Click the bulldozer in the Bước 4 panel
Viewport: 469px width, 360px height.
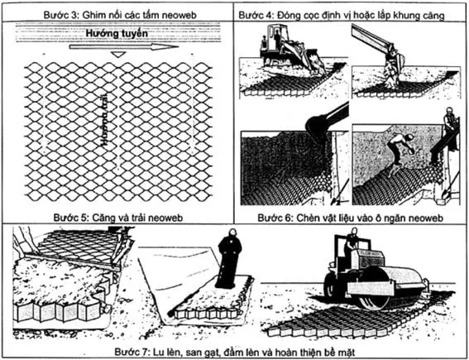pyautogui.click(x=286, y=52)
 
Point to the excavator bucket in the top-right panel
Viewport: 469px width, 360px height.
pyautogui.click(x=392, y=63)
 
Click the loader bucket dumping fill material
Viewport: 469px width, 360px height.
pyautogui.click(x=318, y=124)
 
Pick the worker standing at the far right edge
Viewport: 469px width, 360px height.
pyautogui.click(x=450, y=124)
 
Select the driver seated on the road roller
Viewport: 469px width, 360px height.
pyautogui.click(x=352, y=242)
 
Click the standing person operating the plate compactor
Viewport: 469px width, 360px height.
pyautogui.click(x=227, y=261)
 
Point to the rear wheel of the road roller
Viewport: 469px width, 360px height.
pyautogui.click(x=336, y=286)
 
